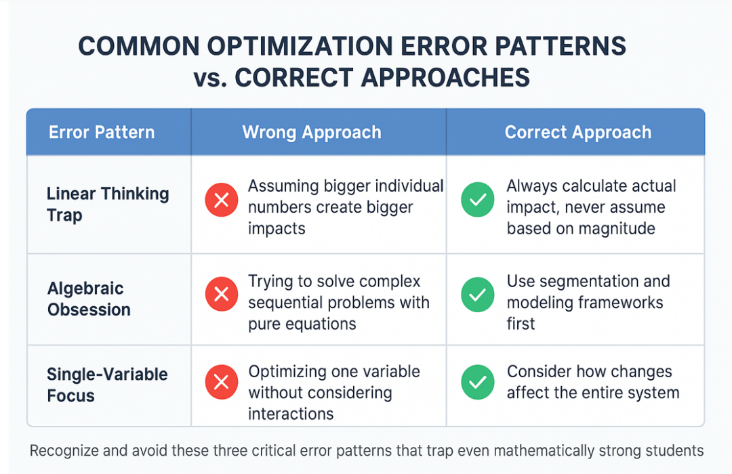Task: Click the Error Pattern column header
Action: click(x=102, y=132)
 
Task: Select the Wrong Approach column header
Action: click(x=312, y=132)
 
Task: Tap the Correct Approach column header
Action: click(x=577, y=132)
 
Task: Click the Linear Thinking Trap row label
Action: click(x=107, y=204)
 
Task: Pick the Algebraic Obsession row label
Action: click(x=89, y=299)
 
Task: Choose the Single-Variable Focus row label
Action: click(x=107, y=384)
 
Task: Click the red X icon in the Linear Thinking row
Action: click(x=221, y=200)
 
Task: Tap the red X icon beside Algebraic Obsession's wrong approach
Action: click(x=221, y=295)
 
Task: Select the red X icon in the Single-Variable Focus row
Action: click(x=221, y=383)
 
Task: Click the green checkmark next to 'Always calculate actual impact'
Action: click(x=477, y=200)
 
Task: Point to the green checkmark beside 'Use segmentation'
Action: click(x=477, y=295)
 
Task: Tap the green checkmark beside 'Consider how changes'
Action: click(x=477, y=383)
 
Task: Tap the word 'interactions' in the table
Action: click(x=291, y=413)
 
